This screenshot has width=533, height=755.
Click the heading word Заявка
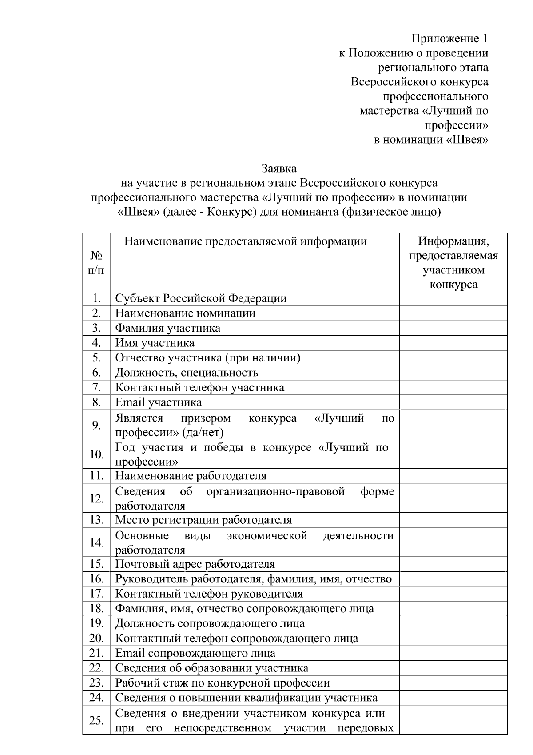pos(279,169)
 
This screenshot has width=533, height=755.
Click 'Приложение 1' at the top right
pos(449,39)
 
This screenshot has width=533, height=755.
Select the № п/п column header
pos(96,262)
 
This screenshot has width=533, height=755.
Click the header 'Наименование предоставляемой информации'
pos(245,241)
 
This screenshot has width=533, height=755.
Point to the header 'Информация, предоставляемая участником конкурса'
pos(453,262)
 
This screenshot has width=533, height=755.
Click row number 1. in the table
pos(96,298)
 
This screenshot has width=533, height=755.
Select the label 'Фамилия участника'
pos(167,328)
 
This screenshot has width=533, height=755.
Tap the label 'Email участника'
pos(158,402)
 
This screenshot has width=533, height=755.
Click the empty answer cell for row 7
pos(453,387)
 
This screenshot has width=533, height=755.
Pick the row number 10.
pos(96,454)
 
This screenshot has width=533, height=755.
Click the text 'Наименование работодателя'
pos(191,476)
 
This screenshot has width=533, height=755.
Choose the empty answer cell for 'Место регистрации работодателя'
pos(453,520)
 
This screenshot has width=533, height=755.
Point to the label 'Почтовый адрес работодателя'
pos(195,564)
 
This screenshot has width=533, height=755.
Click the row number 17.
pos(96,594)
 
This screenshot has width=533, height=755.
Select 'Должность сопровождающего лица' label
pos(210,623)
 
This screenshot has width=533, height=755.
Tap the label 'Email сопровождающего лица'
pos(195,653)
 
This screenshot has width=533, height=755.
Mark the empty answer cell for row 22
pos(453,668)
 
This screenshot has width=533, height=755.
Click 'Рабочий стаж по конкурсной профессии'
pos(222,683)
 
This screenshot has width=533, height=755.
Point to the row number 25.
pos(96,720)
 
